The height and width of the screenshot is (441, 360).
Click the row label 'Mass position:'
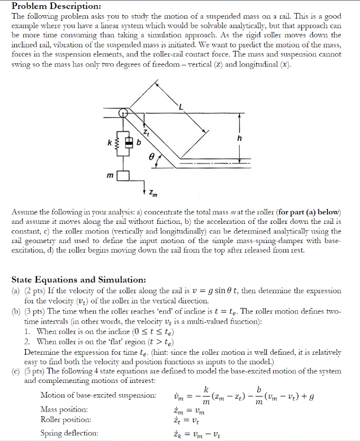(64, 409)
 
